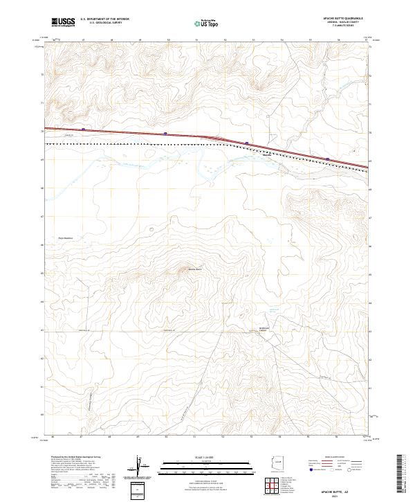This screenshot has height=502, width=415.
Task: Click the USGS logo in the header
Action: pos(64,22)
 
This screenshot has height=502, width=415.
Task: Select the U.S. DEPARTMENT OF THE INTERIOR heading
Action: pos(104,19)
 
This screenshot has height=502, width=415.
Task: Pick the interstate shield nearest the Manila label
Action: pos(247,143)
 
